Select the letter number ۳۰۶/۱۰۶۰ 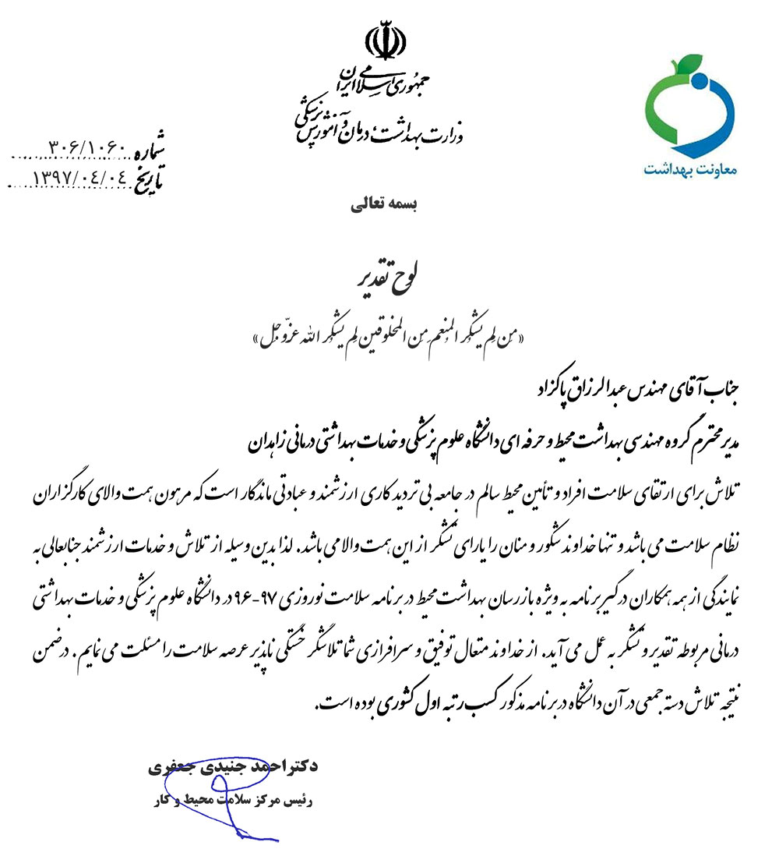86,147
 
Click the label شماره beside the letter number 150,147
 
